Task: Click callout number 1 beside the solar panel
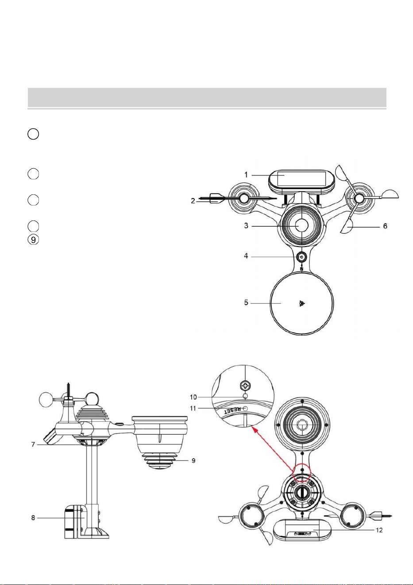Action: click(246, 175)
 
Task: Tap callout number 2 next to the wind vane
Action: click(193, 201)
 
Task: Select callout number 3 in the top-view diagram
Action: click(246, 225)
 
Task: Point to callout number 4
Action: click(246, 256)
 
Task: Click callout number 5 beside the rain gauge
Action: click(246, 303)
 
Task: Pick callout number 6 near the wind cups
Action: click(385, 226)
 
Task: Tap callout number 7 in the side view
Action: click(33, 444)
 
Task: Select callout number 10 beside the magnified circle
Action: click(193, 397)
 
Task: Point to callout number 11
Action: click(193, 408)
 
